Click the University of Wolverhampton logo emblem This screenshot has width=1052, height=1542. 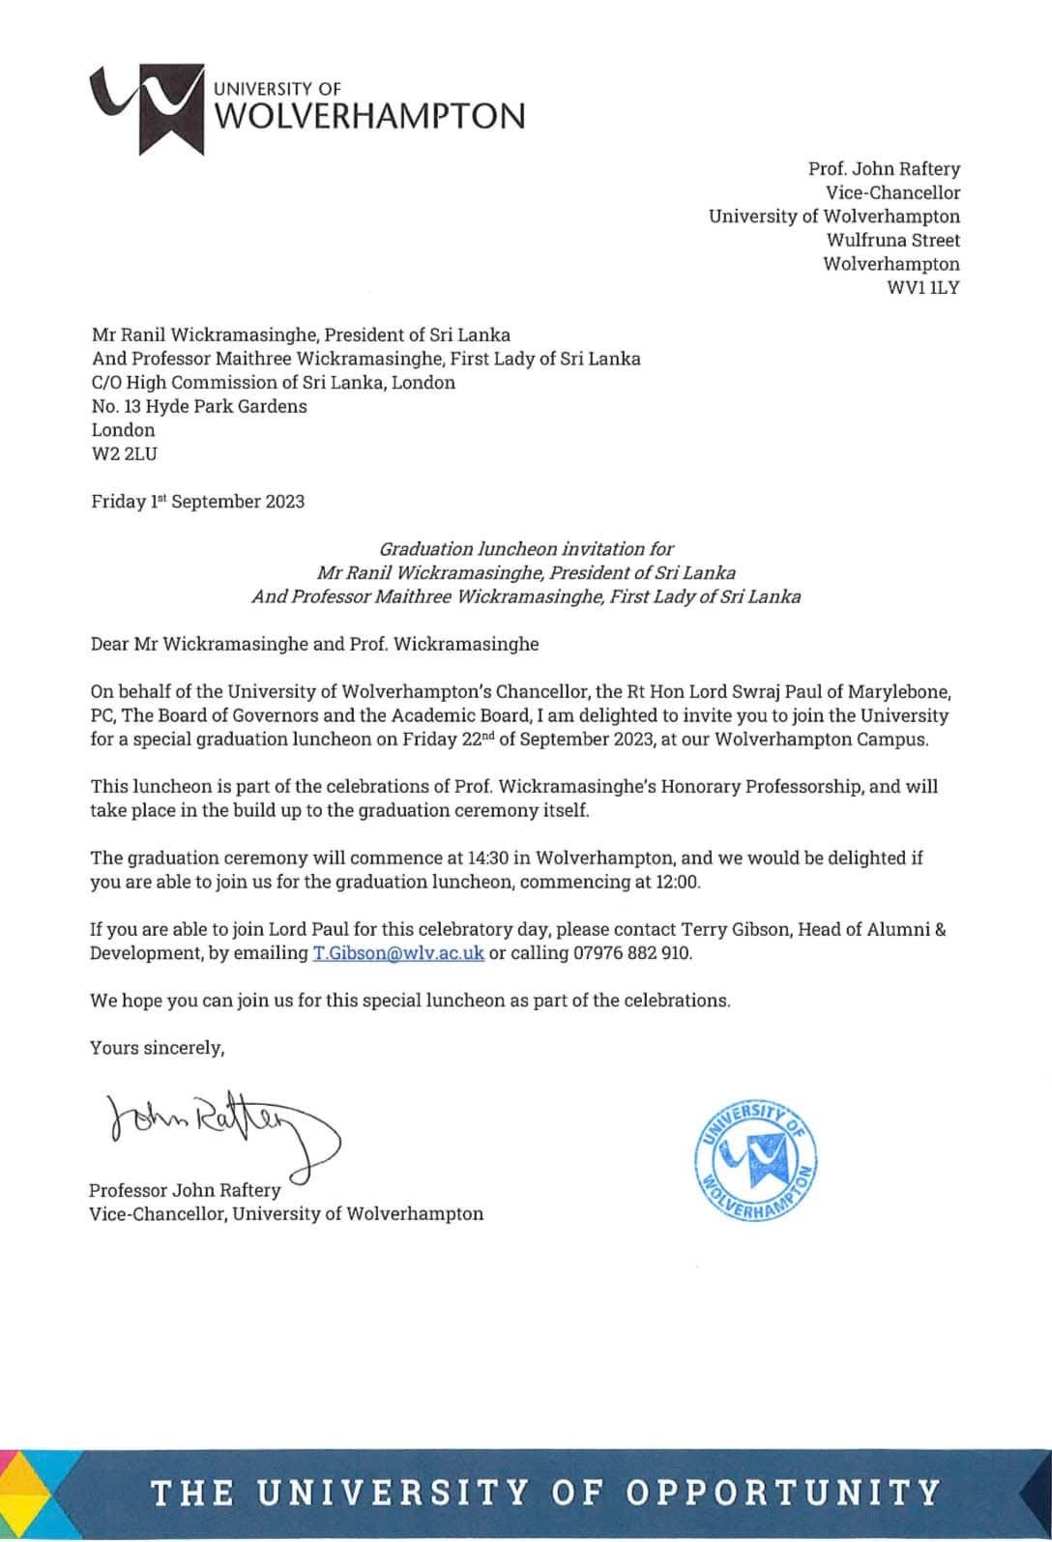coord(147,108)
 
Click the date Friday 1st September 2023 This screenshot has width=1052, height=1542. coord(197,501)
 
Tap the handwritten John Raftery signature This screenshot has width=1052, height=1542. coord(219,1125)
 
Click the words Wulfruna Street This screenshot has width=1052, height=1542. coord(892,240)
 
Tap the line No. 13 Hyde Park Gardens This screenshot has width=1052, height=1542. coord(199,406)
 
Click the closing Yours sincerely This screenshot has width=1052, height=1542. coord(157,1047)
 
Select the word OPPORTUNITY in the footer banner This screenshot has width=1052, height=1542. coord(783,1493)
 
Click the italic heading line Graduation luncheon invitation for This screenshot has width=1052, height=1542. coord(526,549)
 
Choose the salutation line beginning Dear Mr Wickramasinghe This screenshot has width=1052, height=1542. coord(314,643)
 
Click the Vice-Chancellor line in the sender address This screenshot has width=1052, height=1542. coord(892,192)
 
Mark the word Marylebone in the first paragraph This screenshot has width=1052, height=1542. coord(900,691)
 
